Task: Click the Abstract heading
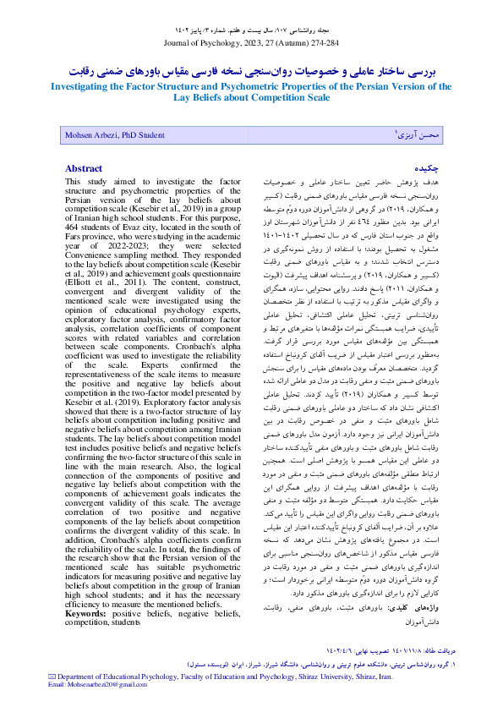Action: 85,168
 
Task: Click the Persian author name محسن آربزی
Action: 419,135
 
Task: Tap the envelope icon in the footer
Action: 52,676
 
